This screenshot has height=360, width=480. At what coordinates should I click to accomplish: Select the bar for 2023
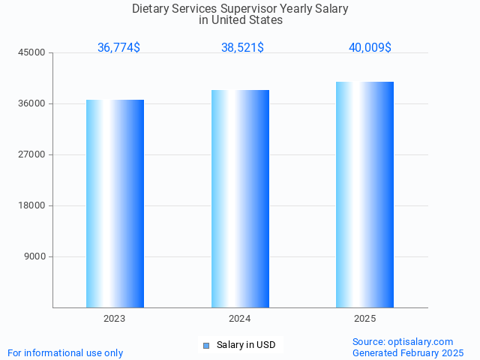tap(115, 203)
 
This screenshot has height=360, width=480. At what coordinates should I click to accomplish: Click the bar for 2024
tap(240, 199)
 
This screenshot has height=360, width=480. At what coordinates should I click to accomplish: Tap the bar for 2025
tap(364, 194)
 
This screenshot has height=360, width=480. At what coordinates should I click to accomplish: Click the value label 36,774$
tap(118, 47)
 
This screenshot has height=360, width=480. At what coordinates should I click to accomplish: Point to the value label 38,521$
tap(242, 47)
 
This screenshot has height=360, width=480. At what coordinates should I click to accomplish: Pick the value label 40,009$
tap(370, 47)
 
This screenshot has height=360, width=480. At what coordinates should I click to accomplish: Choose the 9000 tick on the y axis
tap(35, 256)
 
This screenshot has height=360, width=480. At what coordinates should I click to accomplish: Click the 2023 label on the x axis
tap(115, 319)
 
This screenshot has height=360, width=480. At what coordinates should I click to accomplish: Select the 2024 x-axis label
tap(240, 319)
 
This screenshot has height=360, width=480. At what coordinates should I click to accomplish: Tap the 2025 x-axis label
tap(364, 319)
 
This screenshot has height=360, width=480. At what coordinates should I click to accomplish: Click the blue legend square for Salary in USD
tap(206, 345)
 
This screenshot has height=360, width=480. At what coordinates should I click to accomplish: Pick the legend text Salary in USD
tap(246, 345)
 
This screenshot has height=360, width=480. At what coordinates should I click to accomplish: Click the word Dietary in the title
tap(151, 9)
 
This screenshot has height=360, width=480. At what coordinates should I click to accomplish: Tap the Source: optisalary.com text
tap(403, 341)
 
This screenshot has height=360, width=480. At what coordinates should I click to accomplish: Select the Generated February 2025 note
tap(408, 352)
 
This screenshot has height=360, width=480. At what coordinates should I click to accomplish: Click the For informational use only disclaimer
tap(65, 352)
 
